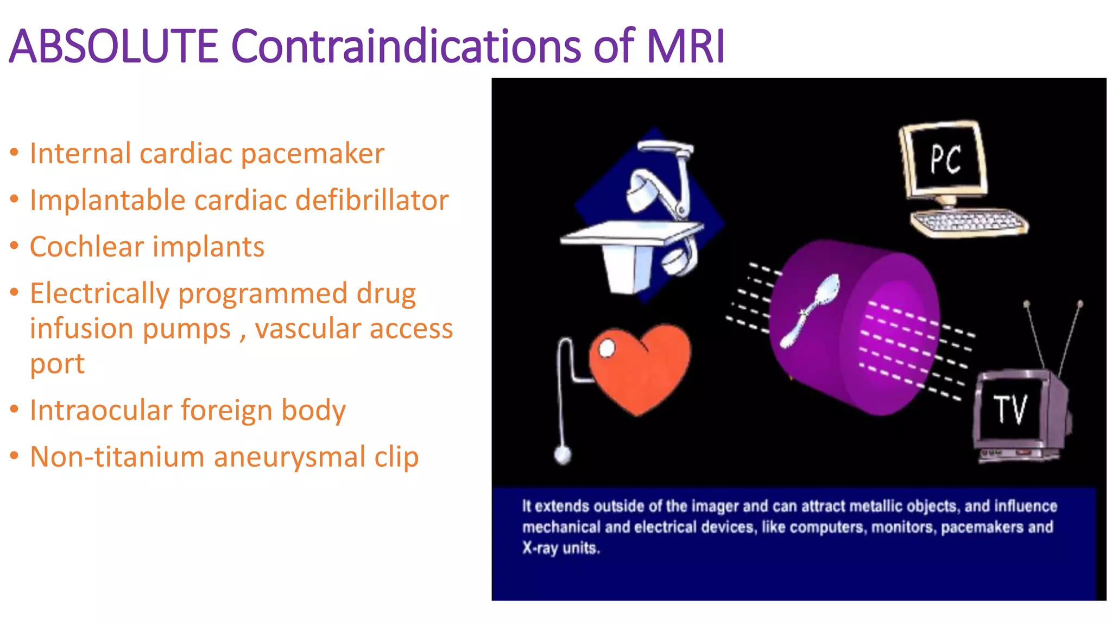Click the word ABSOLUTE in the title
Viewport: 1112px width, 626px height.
click(x=113, y=46)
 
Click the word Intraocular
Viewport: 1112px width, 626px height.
click(x=100, y=410)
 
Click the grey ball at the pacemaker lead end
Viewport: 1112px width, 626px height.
click(x=563, y=454)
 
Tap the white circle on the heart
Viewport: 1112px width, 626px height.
click(x=606, y=348)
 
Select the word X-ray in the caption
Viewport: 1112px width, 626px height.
click(x=540, y=548)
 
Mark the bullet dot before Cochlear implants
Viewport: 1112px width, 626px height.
click(x=15, y=246)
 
